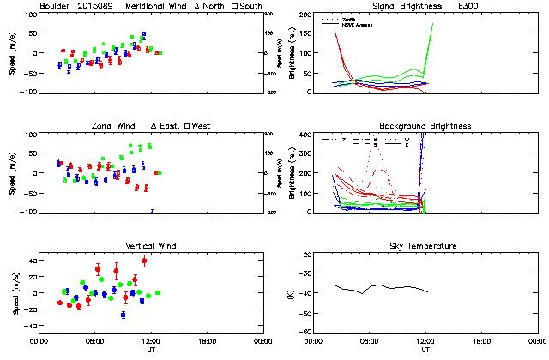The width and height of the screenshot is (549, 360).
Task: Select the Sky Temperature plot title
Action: click(x=425, y=246)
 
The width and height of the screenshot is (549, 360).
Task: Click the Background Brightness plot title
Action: click(x=425, y=126)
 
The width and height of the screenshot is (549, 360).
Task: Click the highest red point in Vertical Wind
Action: click(x=144, y=261)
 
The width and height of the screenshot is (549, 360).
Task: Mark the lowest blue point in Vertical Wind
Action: click(x=123, y=315)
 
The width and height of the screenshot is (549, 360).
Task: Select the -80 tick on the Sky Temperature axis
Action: click(x=305, y=332)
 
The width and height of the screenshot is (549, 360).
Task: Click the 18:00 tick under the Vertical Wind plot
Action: click(x=203, y=340)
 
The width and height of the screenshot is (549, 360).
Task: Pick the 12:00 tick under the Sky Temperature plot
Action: click(x=425, y=340)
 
